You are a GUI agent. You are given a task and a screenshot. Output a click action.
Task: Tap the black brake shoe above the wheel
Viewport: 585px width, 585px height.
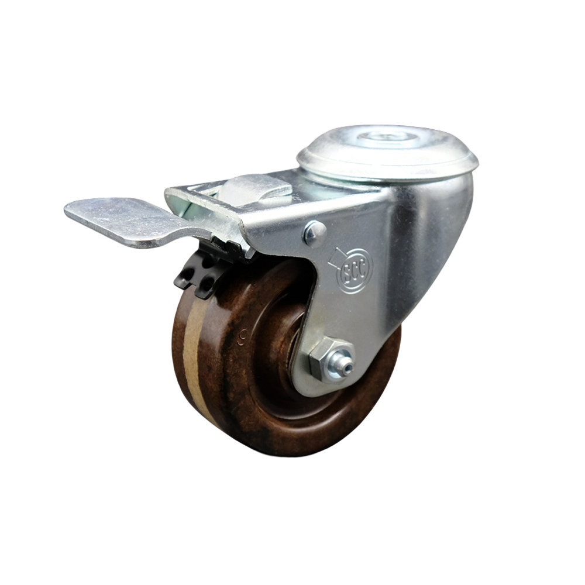point(197,275)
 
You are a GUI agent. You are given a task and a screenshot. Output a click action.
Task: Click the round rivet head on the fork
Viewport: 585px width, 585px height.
point(315,233)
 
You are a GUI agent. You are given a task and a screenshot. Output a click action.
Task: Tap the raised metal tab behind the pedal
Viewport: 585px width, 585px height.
point(257,188)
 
